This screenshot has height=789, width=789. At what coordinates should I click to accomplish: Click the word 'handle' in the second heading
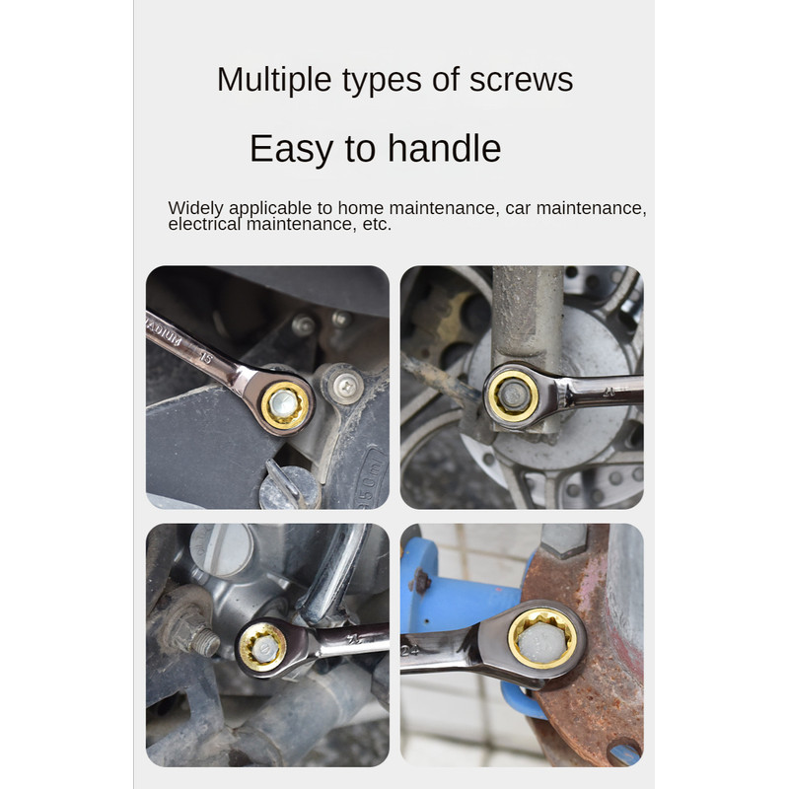pyautogui.click(x=444, y=149)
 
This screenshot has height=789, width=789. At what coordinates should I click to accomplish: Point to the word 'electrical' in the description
pyautogui.click(x=203, y=225)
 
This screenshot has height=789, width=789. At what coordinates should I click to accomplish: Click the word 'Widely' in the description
pyautogui.click(x=196, y=208)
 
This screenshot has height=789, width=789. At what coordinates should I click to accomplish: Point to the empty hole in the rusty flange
pyautogui.click(x=623, y=753)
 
